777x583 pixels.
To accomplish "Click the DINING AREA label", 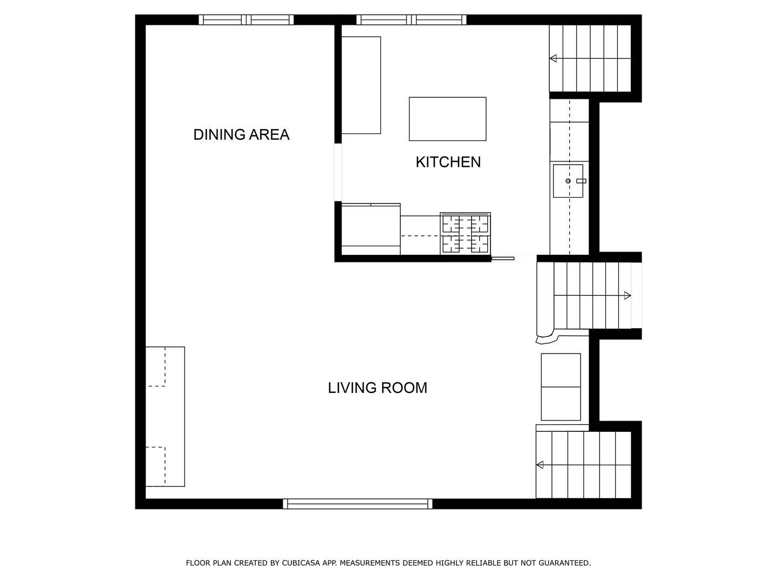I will pos(241,134).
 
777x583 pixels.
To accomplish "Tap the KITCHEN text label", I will pos(448,162).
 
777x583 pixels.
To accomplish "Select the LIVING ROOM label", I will pos(377,388).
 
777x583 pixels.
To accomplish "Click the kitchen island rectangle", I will pos(447,119).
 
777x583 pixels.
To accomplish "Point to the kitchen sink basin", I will pos(567,181).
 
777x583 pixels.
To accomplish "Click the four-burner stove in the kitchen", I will pos(465,233).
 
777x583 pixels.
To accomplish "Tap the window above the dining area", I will pos(246,20).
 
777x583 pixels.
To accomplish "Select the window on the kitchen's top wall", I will pos(412,20).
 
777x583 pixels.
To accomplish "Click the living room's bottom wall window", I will pos(357,504).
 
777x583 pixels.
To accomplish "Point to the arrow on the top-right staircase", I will pos(554,58).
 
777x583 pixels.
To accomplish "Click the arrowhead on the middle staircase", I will pos(627,295).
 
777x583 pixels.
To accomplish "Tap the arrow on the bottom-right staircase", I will pos(540,465).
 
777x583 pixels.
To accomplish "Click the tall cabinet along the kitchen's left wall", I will pos(361,85).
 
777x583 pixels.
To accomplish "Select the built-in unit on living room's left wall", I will pos(165,416).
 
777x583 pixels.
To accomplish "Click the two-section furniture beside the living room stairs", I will pos(561,387).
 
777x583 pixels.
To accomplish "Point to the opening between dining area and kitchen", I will pos(338,172).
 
